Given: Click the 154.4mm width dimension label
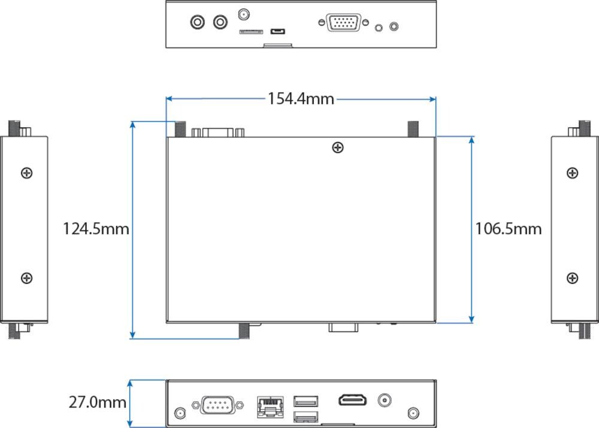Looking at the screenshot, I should coord(301,99).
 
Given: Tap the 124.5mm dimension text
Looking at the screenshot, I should coord(96,229).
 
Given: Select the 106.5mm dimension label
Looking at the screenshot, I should coord(509,229).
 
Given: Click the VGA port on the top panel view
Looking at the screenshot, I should coord(343,23).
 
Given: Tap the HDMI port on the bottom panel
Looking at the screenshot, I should coord(353,400).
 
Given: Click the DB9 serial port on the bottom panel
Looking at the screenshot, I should coord(217,405).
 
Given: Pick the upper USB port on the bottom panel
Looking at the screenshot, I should coord(305,401).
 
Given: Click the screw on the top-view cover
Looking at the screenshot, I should coord(338,147).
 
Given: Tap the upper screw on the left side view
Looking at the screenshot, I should coord(26,173).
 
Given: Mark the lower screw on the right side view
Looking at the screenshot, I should coord(573,278).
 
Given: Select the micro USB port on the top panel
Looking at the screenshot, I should coord(277,31).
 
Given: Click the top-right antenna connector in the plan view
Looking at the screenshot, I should coord(413,128).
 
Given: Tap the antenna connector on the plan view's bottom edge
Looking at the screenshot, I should coord(244,330).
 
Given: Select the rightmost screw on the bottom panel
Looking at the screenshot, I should coord(413,413).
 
